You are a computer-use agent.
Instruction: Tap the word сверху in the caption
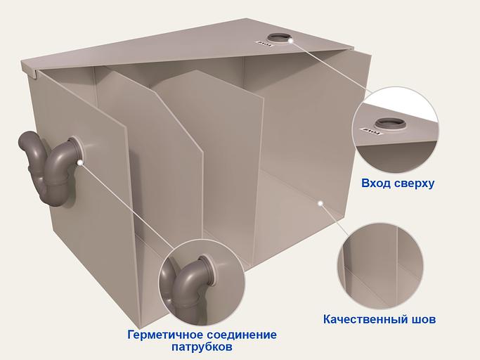[414, 184]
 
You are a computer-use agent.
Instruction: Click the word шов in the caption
[422, 320]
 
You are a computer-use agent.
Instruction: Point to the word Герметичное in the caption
[166, 335]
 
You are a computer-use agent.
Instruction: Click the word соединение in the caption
[240, 335]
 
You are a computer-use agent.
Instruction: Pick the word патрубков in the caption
[202, 347]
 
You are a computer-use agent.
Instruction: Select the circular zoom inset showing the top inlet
[395, 129]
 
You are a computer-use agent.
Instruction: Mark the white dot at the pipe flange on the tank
[82, 162]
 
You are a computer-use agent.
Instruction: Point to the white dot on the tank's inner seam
[320, 202]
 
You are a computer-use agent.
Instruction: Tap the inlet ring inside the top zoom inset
[391, 124]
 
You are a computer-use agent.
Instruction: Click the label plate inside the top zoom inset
[367, 131]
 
